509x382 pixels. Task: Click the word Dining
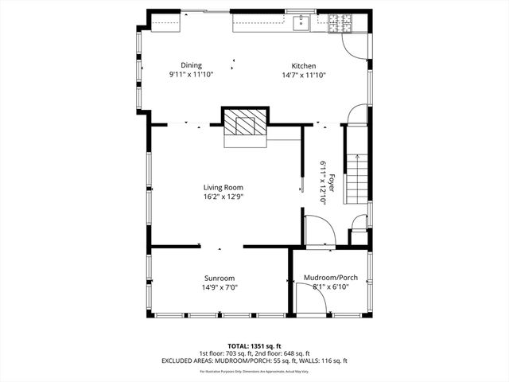pyautogui.click(x=191, y=65)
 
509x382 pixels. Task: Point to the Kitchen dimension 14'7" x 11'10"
pyautogui.click(x=304, y=75)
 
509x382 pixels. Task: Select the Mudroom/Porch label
pyautogui.click(x=331, y=278)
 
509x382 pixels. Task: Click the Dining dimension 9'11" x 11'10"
pyautogui.click(x=191, y=75)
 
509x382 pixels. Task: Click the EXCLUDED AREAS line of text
pyautogui.click(x=254, y=361)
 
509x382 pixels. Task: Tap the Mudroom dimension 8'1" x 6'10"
pyautogui.click(x=331, y=287)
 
